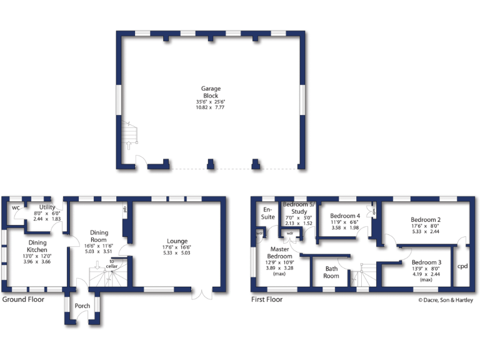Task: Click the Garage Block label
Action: tap(211, 92)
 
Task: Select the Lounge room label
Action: tap(177, 241)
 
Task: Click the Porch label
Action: tap(82, 306)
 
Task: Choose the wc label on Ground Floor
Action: tap(16, 207)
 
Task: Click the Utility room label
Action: tap(47, 207)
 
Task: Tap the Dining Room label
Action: tap(99, 236)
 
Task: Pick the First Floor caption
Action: tap(267, 299)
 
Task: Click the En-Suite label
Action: tap(267, 212)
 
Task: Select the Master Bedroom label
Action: tap(279, 252)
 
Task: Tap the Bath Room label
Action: tap(331, 272)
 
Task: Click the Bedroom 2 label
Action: tap(427, 219)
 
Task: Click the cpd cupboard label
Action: tap(462, 266)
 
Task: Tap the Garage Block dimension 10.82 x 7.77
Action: tap(210, 107)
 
